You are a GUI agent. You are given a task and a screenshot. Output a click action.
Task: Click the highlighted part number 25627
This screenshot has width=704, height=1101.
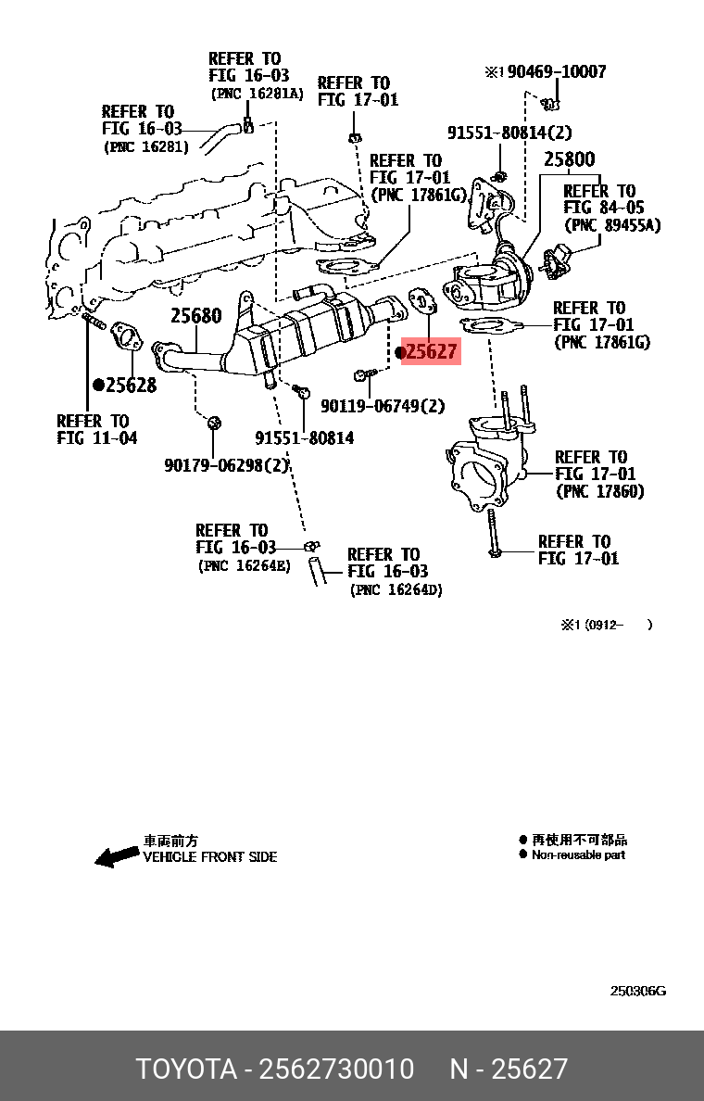pos(432,351)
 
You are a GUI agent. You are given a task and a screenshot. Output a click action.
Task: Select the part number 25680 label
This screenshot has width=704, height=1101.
pos(195,316)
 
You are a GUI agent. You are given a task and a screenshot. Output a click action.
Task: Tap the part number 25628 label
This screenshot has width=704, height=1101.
pos(131,386)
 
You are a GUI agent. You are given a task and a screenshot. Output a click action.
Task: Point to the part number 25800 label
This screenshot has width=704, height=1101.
pos(569,159)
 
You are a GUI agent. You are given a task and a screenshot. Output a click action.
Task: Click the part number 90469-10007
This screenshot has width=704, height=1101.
pos(554,71)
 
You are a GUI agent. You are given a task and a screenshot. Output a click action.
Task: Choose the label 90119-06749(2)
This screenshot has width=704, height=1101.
pos(383,406)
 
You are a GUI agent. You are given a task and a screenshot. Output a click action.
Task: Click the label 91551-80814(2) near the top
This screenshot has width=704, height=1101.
pos(509,133)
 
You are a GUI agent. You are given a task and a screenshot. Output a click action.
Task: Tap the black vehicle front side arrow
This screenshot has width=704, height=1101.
pos(117,857)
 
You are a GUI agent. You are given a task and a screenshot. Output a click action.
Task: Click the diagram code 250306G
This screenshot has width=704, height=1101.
pos(637,991)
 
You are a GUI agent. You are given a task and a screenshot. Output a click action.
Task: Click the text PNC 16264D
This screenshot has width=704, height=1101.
pos(396,590)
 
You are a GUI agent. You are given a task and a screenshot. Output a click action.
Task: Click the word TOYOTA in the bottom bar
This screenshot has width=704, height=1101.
pos(186,1069)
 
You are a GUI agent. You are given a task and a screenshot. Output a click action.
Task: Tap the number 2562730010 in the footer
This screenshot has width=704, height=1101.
pos(336,1069)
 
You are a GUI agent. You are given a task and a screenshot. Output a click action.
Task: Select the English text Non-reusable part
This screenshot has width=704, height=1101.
pos(578,855)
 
